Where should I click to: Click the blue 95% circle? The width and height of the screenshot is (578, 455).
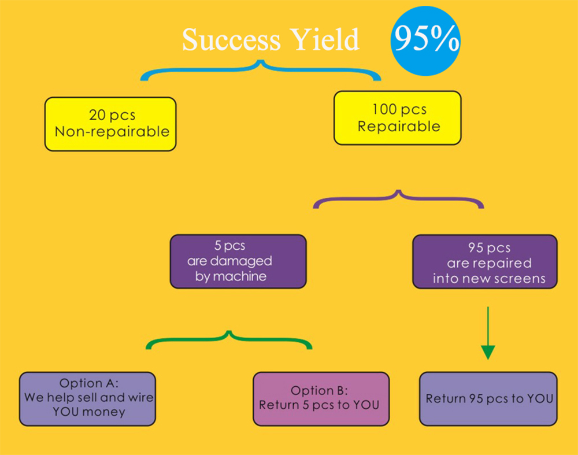(x=425, y=40)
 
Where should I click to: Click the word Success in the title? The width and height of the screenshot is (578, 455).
(x=231, y=40)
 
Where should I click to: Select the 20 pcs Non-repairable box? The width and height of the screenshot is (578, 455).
(x=110, y=124)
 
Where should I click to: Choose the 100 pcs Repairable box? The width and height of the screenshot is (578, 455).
(x=398, y=117)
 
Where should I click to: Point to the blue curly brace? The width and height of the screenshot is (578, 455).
(x=261, y=69)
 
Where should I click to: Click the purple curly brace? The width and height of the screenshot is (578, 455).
(x=398, y=198)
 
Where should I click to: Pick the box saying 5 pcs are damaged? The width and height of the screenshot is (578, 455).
(x=238, y=261)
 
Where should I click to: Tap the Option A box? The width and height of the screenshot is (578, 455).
(x=87, y=398)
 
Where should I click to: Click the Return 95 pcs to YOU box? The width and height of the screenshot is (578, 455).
(x=488, y=398)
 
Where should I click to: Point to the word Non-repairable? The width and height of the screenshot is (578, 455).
(x=112, y=131)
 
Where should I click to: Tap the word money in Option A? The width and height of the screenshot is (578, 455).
(x=105, y=412)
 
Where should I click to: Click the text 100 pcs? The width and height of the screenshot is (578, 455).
(x=399, y=109)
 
